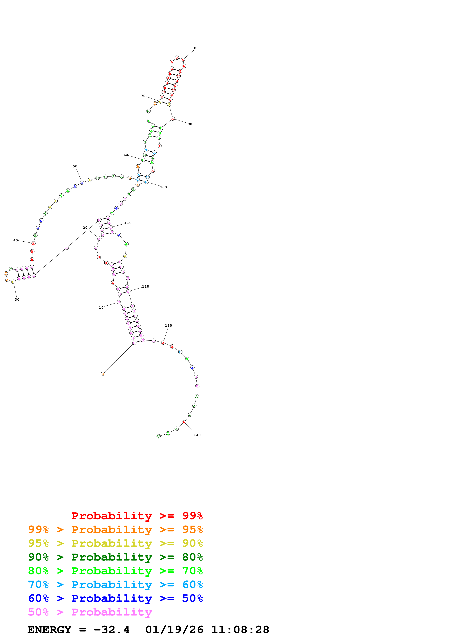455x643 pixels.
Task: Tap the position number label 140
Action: coord(197,435)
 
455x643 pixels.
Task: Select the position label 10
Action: coord(101,308)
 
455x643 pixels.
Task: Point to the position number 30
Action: coord(17,299)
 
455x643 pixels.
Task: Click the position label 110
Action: coord(128,223)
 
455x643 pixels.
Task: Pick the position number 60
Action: coord(126,155)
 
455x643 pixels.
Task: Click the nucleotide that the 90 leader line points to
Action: coord(173,119)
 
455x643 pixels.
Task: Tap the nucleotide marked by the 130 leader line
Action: coord(163,343)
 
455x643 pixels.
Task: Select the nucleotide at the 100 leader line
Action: coord(146,182)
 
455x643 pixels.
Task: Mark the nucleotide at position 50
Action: coord(82,183)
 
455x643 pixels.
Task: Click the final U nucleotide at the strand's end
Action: coord(158,436)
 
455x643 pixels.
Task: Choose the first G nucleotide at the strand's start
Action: coord(103,374)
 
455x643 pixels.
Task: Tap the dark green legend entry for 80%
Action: coord(115,557)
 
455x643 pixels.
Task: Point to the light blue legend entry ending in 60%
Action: coord(115,585)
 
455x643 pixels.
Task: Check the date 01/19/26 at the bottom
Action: coord(174,630)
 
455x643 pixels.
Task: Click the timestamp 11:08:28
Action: coord(240,630)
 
